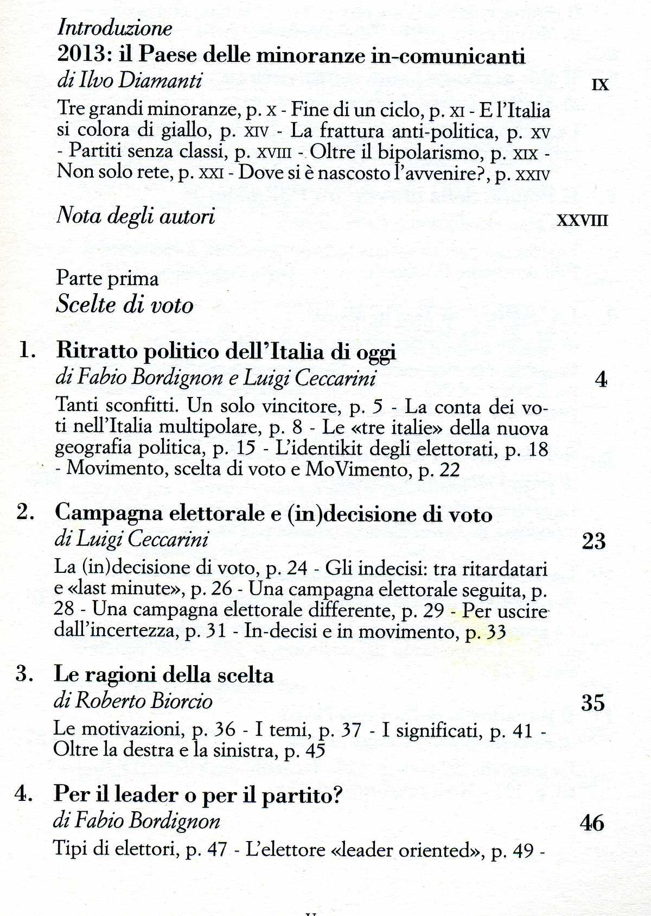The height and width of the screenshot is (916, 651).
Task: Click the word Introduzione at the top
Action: (x=114, y=28)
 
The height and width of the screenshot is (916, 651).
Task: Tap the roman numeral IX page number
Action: (x=600, y=85)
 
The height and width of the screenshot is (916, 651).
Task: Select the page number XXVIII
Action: (x=583, y=220)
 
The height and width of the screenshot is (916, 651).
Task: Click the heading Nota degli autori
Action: (x=136, y=216)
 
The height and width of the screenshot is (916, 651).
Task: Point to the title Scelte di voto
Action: (x=124, y=304)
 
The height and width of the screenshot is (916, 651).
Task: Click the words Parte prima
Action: (x=107, y=279)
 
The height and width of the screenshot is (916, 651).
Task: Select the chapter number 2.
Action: (x=25, y=512)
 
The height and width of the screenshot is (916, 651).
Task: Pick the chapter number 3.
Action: (x=25, y=674)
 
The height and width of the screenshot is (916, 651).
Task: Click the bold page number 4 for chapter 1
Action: (x=601, y=380)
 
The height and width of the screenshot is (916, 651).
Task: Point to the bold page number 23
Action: (x=593, y=541)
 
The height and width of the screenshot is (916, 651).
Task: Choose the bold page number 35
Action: (x=592, y=703)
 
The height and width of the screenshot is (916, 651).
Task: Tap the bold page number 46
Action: (x=592, y=823)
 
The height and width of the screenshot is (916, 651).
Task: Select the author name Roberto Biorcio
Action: (x=143, y=700)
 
